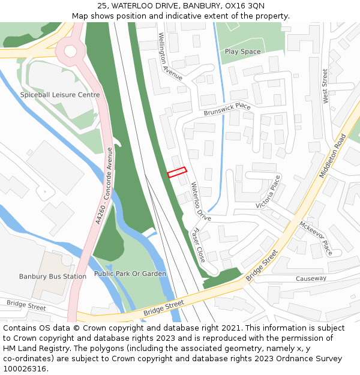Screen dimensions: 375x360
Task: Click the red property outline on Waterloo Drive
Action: (x=177, y=172)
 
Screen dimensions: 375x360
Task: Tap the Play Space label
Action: (x=242, y=52)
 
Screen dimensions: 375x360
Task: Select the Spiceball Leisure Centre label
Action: (x=60, y=95)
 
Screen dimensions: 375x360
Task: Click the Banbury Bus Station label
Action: (x=53, y=277)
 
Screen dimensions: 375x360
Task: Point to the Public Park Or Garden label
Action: (x=130, y=274)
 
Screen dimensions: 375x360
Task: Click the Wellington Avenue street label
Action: (x=170, y=56)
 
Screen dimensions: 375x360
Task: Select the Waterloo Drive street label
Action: (x=201, y=201)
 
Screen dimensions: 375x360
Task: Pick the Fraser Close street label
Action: (x=197, y=245)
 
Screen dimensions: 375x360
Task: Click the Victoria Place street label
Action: (x=268, y=192)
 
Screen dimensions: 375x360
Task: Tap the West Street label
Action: (x=326, y=86)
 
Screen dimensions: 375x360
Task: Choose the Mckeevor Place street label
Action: (x=316, y=238)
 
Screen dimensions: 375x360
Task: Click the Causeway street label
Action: (x=311, y=278)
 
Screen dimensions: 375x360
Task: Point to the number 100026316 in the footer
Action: (x=25, y=369)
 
